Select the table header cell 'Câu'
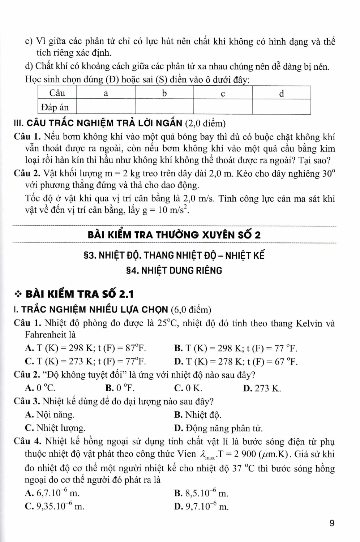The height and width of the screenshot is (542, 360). tap(57, 93)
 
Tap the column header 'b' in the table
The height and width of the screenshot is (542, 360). tap(164, 94)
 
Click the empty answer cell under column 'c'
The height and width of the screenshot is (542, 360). tap(223, 107)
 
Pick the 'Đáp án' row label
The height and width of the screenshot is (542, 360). tap(55, 107)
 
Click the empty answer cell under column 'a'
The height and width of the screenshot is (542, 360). tap(106, 107)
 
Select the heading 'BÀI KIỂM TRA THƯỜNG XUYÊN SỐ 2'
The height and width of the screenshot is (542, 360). tap(174, 235)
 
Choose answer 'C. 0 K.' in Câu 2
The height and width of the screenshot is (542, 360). tap(188, 388)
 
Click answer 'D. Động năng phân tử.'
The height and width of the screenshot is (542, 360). tap(218, 428)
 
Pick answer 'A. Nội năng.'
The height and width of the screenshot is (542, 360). tap(50, 415)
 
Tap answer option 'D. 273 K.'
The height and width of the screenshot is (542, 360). tap(262, 388)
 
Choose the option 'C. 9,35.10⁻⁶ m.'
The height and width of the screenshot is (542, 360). tap(55, 506)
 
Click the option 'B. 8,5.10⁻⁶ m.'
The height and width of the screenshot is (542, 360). tap(201, 493)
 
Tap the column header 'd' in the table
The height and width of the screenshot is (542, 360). tap(282, 94)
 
